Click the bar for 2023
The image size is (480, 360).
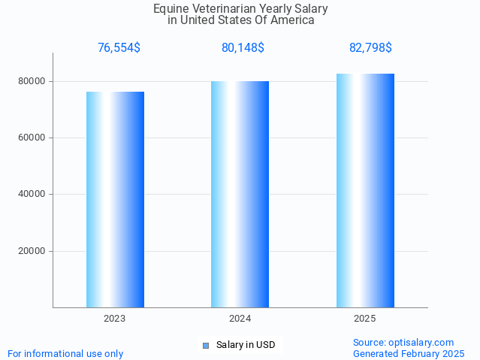(x=115, y=199)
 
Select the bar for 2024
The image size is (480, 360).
(x=240, y=194)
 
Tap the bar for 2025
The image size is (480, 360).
(x=365, y=190)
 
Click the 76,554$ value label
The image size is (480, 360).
(x=119, y=48)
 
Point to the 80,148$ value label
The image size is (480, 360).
(x=243, y=48)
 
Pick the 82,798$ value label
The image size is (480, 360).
(x=370, y=48)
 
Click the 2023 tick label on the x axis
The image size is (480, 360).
(x=115, y=319)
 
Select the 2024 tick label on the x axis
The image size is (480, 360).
(x=240, y=319)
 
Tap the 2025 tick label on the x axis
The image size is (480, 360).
(x=365, y=319)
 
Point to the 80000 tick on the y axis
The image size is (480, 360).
(x=32, y=81)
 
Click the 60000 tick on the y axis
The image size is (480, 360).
(x=32, y=138)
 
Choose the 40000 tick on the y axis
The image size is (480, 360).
(x=32, y=195)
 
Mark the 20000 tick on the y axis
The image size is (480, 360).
(x=32, y=251)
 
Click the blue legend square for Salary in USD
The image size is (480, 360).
(x=206, y=346)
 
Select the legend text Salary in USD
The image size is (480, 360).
(x=246, y=346)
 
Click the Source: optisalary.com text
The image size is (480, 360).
(x=403, y=343)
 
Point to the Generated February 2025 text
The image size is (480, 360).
(x=409, y=354)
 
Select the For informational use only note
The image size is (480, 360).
(x=65, y=354)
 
